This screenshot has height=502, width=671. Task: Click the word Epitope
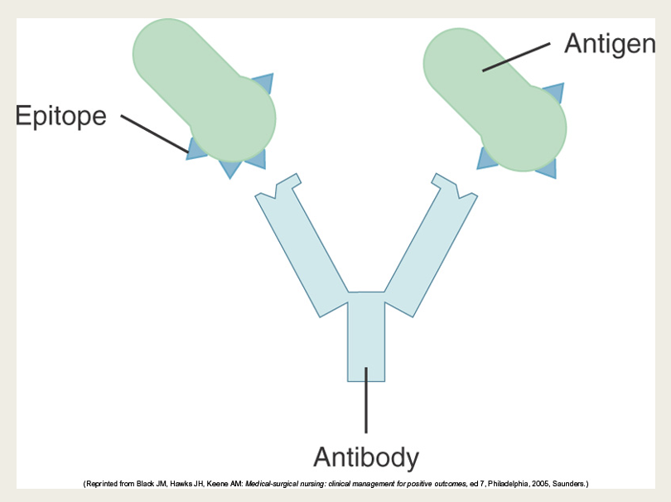pyautogui.click(x=61, y=116)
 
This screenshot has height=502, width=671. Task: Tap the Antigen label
pyautogui.click(x=610, y=43)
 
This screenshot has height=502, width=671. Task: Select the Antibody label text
pyautogui.click(x=366, y=456)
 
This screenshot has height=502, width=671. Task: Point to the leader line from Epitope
pyautogui.click(x=154, y=133)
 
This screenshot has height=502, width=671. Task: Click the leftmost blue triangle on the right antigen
pyautogui.click(x=486, y=158)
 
